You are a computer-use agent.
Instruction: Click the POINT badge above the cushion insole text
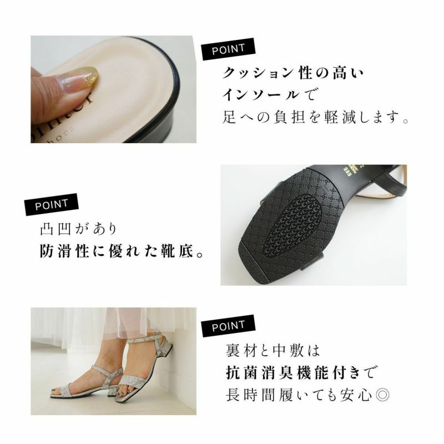228,49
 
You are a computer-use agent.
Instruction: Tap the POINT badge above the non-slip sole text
51,204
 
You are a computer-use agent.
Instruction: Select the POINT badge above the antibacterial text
228,326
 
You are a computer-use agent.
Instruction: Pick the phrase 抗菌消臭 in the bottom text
260,372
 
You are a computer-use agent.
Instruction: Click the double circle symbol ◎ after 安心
382,395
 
